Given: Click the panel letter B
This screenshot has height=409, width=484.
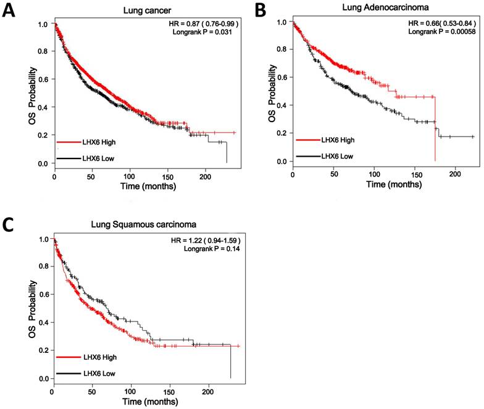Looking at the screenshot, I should pyautogui.click(x=261, y=10).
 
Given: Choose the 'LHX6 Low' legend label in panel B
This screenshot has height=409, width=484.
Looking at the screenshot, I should pyautogui.click(x=337, y=156).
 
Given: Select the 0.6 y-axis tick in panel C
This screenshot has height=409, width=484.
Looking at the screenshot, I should pyautogui.click(x=43, y=295).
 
